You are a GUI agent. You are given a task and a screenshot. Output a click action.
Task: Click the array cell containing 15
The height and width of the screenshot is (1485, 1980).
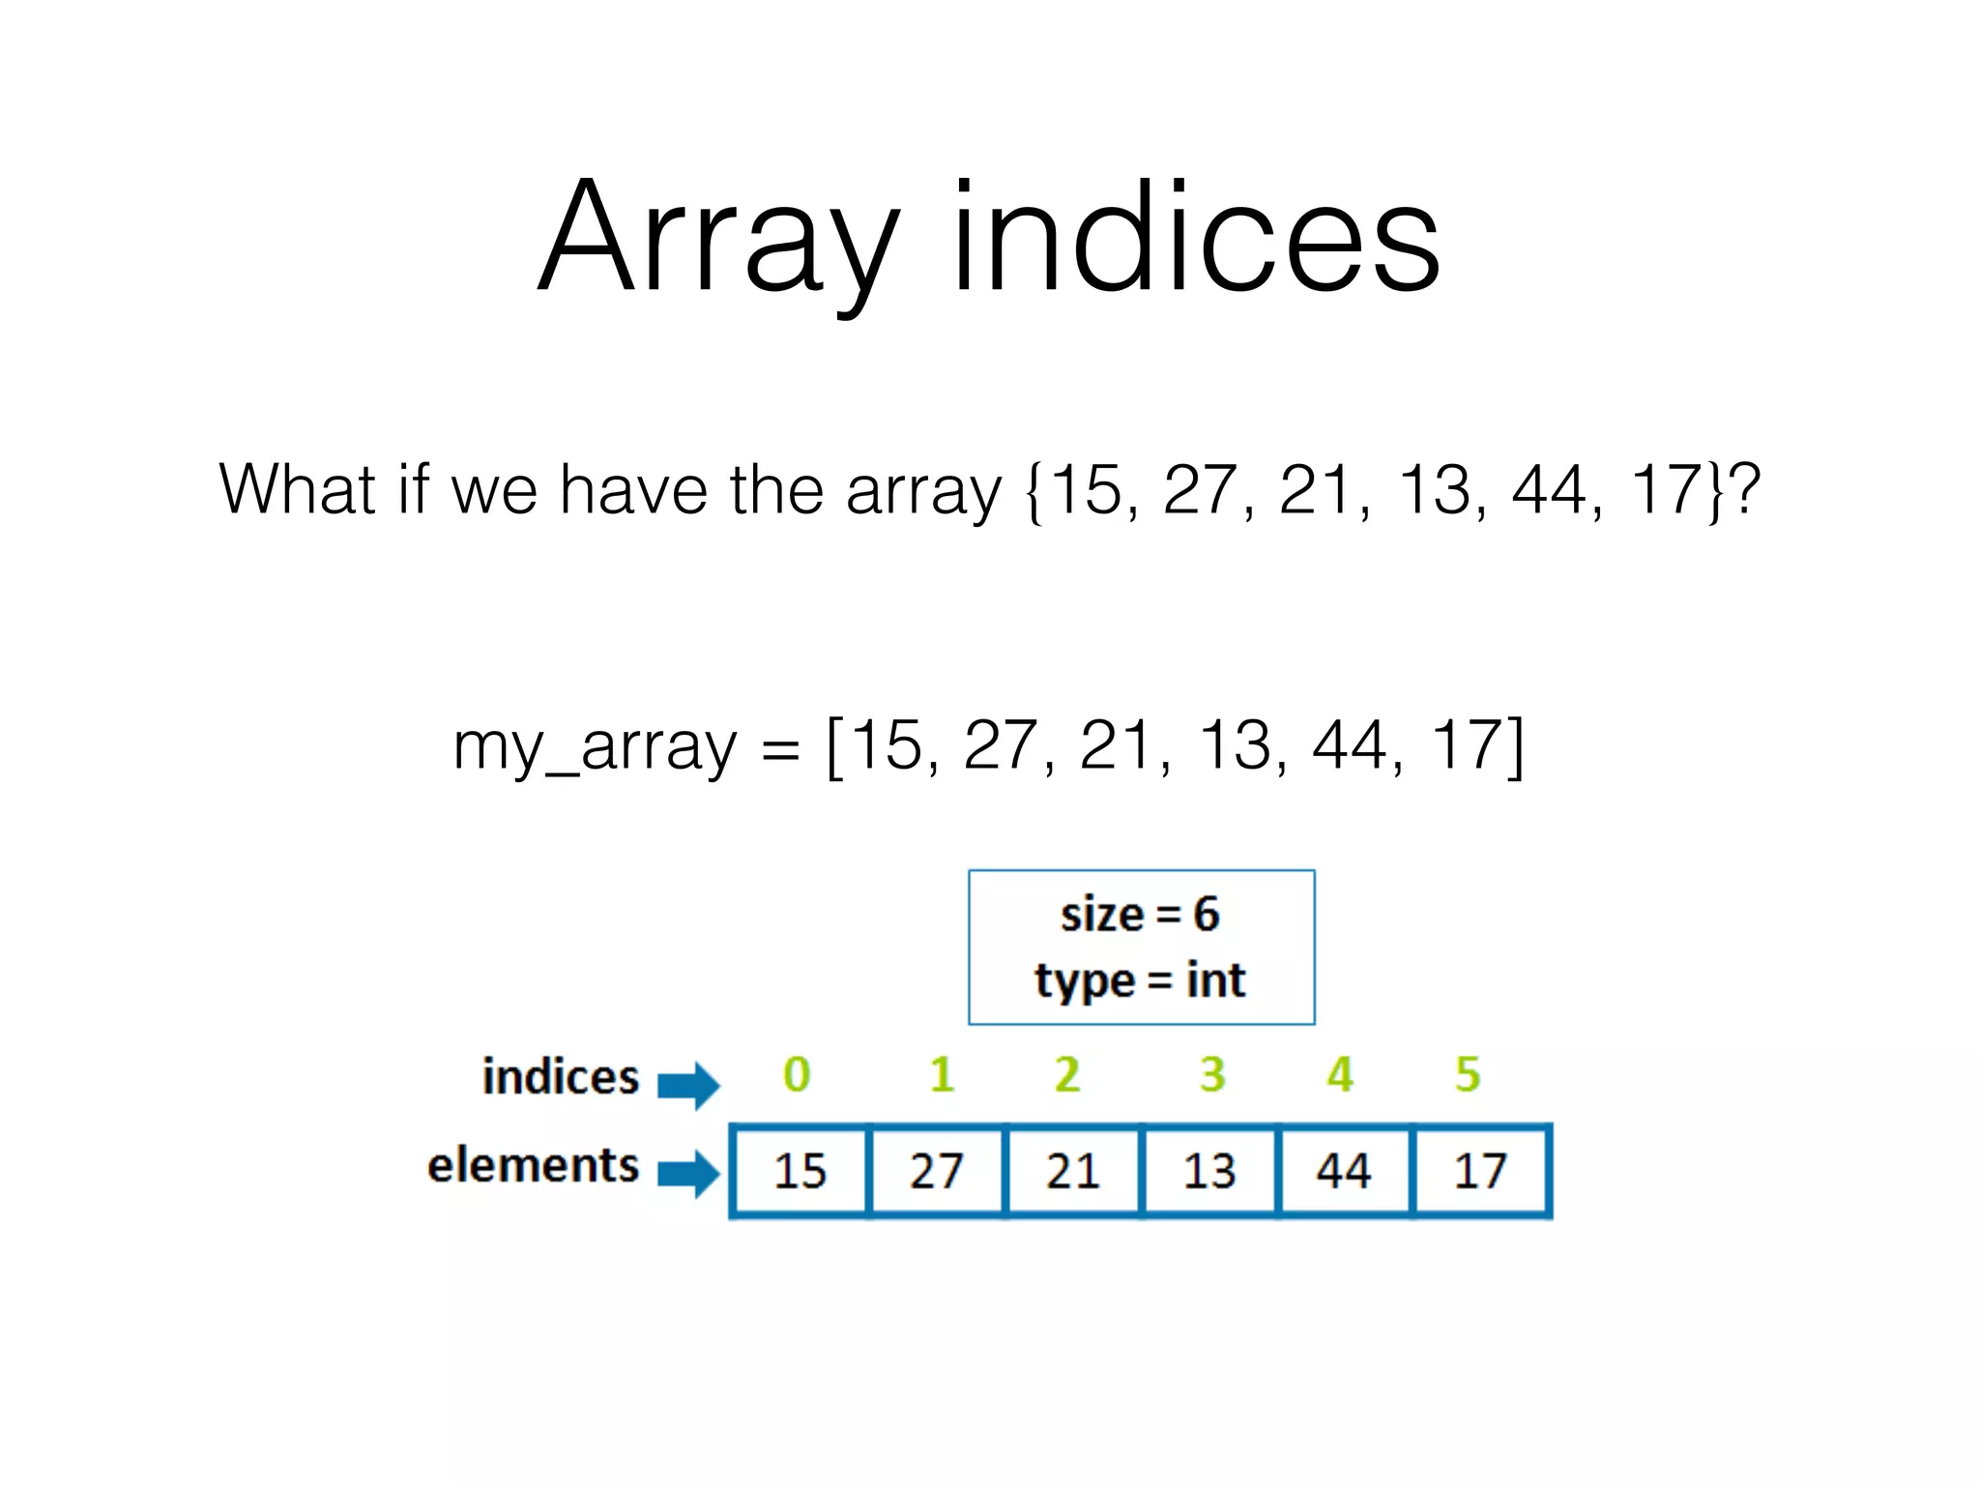[x=801, y=1171]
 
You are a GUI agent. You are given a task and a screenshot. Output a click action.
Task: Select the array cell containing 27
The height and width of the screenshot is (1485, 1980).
[x=937, y=1171]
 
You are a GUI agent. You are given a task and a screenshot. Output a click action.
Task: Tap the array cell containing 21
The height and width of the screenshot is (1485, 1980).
[x=1073, y=1171]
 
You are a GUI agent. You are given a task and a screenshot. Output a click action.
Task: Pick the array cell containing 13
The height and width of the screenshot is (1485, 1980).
[x=1209, y=1171]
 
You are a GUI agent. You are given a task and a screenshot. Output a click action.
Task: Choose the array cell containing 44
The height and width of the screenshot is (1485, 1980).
[x=1344, y=1171]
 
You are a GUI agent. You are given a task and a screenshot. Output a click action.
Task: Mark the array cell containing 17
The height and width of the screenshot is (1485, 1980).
[x=1480, y=1171]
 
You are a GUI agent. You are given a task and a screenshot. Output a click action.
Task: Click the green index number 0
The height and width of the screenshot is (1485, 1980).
[x=797, y=1074]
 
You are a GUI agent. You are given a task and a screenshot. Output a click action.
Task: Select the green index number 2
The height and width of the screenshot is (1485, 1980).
[x=1067, y=1074]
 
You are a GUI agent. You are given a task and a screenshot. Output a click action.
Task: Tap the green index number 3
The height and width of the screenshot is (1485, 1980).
[x=1212, y=1074]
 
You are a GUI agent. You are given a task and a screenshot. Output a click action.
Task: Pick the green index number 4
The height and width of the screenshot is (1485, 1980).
[x=1340, y=1074]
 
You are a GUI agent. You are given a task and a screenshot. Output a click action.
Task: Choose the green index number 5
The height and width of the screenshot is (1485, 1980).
[x=1468, y=1074]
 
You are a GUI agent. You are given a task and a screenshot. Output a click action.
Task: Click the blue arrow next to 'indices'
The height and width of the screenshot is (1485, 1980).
[x=688, y=1085]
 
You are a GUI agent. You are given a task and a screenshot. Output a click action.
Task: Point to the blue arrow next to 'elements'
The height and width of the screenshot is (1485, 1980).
[x=688, y=1173]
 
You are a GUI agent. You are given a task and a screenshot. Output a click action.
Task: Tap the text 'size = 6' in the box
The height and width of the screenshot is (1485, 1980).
[x=1140, y=915]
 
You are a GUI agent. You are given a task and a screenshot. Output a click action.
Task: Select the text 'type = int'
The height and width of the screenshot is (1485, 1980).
[x=1140, y=980]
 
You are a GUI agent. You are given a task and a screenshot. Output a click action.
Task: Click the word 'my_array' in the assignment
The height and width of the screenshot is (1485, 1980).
[x=594, y=747]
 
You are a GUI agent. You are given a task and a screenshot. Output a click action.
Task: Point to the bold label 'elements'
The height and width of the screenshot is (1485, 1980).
[x=534, y=1165]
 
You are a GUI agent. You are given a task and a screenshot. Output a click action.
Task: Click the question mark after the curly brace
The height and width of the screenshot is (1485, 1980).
[x=1745, y=489]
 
